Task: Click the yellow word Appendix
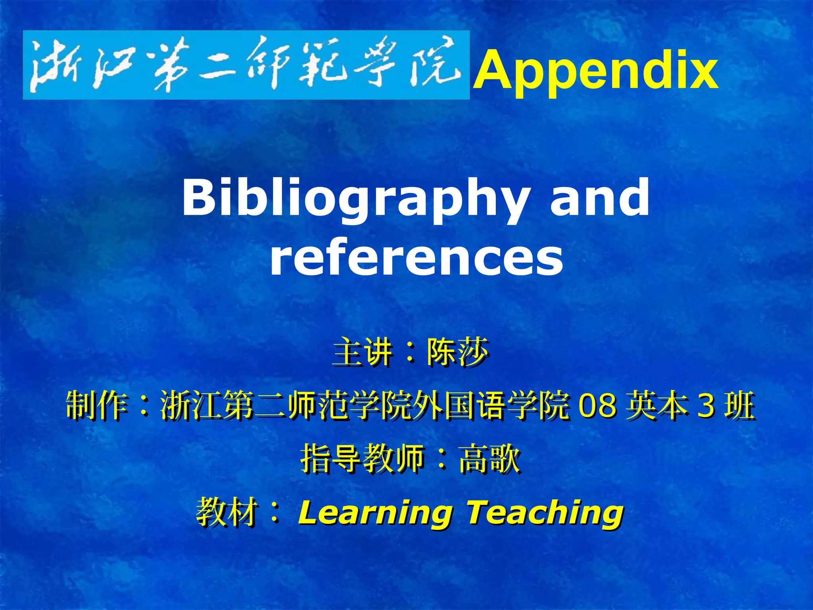pyautogui.click(x=595, y=71)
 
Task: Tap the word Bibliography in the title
pyautogui.click(x=355, y=199)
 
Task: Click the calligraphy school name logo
pyautogui.click(x=246, y=65)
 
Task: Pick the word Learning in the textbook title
pyautogui.click(x=375, y=513)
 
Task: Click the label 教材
pyautogui.click(x=226, y=512)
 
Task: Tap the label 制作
pyautogui.click(x=97, y=405)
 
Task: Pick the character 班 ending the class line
pyautogui.click(x=739, y=405)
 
